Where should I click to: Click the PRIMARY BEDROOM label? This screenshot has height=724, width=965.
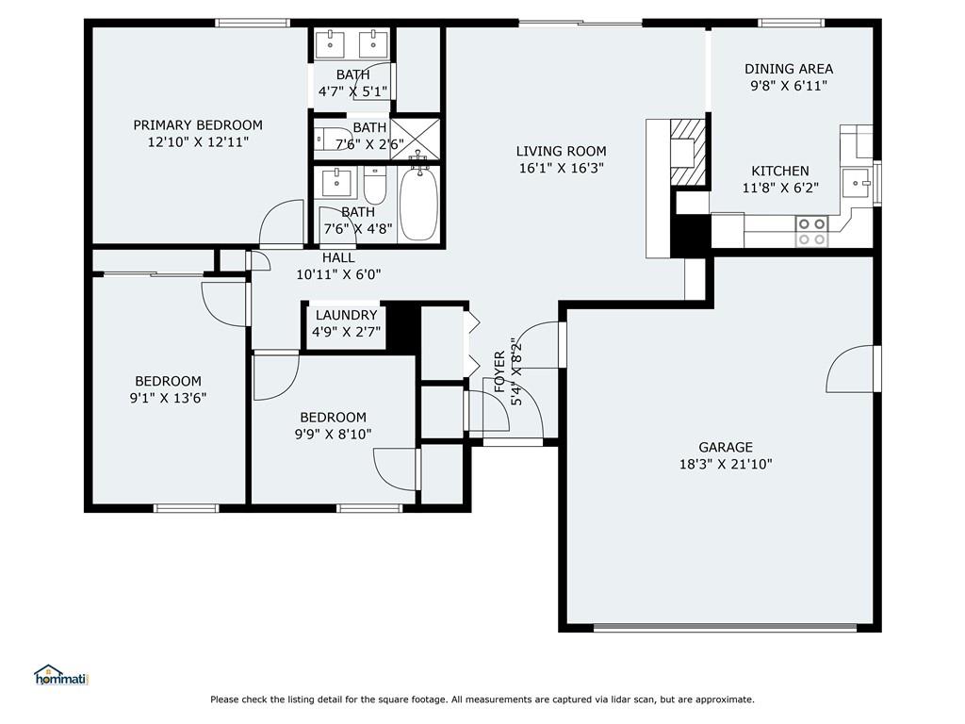tap(198, 125)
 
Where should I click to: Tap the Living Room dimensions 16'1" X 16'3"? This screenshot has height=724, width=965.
tap(562, 168)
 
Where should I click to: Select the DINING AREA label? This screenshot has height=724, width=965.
tap(789, 69)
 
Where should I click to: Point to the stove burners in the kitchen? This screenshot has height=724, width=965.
tap(811, 232)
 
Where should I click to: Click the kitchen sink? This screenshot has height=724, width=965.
tap(856, 183)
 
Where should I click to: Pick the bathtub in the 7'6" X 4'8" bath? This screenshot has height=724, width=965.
tap(418, 204)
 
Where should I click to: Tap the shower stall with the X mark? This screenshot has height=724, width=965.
tap(416, 139)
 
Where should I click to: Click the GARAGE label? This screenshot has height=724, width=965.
tap(726, 448)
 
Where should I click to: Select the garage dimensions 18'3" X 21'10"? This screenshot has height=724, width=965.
tap(726, 464)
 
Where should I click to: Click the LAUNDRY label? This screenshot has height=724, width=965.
tap(346, 315)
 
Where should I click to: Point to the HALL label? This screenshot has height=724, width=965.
tap(338, 258)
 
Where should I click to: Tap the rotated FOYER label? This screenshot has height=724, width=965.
tap(499, 371)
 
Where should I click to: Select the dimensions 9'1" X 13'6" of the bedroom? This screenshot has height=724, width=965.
tap(168, 399)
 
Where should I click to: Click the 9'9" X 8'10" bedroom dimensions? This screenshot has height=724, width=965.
tap(333, 435)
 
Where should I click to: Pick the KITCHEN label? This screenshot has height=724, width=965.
tap(779, 172)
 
